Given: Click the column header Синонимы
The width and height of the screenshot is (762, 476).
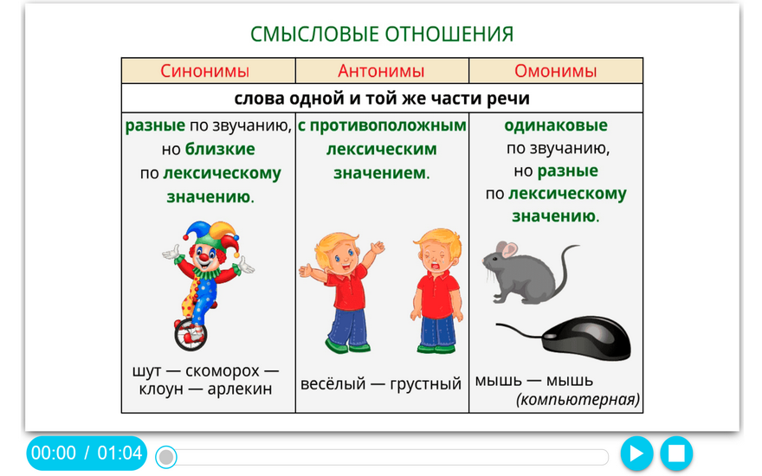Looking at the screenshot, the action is click(x=204, y=71).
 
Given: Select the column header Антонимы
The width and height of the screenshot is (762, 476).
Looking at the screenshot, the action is click(x=381, y=71).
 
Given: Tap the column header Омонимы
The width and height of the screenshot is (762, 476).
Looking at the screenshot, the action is click(x=555, y=71).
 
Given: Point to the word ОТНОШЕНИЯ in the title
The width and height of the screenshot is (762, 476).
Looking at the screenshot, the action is click(x=449, y=34).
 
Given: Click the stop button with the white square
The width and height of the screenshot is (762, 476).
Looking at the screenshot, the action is click(x=676, y=453).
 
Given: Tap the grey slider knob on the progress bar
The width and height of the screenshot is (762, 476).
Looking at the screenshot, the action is click(x=166, y=457).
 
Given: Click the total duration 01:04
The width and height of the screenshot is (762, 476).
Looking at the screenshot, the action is click(x=119, y=453).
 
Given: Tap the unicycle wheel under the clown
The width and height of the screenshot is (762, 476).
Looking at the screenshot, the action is click(x=190, y=334).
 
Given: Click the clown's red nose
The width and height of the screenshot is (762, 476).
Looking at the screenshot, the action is click(x=204, y=256).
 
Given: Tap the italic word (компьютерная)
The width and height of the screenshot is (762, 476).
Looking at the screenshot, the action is click(x=578, y=399).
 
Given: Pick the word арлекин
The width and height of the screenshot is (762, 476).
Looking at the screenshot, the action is click(x=240, y=389).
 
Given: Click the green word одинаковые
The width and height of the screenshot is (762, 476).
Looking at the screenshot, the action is click(x=555, y=125).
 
